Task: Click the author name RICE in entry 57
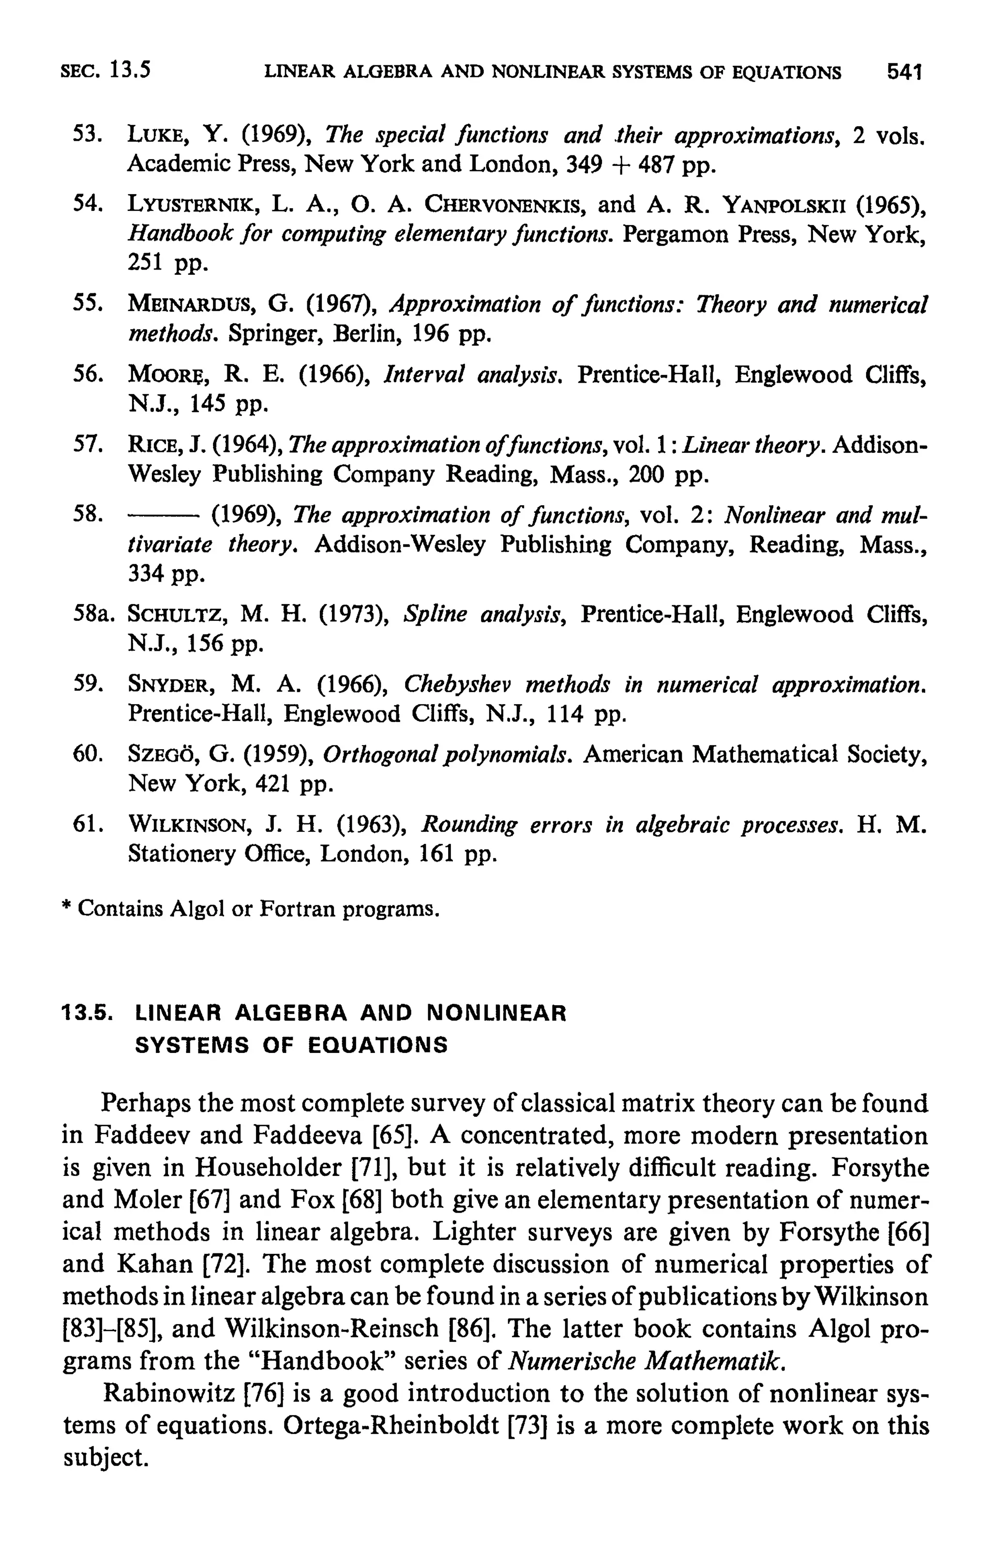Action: [x=148, y=445]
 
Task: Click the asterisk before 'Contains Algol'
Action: [x=66, y=907]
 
